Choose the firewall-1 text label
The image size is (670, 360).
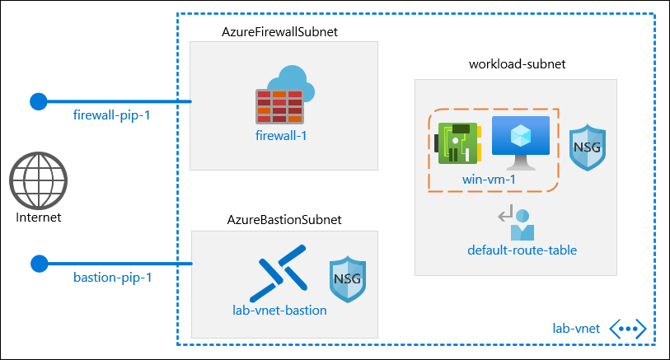coord(281,135)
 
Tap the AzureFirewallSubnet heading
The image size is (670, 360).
coord(281,31)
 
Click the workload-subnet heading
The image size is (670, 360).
coord(517,64)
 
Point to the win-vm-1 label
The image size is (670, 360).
coord(490,177)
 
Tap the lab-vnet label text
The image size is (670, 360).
coord(576,329)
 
